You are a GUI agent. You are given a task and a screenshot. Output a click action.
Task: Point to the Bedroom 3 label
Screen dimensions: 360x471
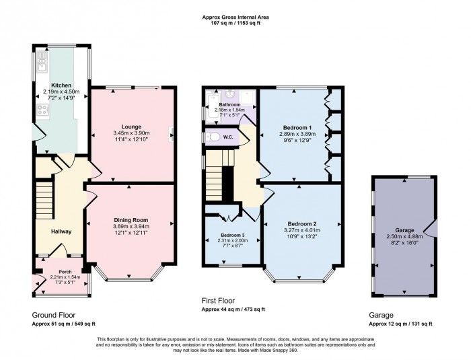coord(233,236)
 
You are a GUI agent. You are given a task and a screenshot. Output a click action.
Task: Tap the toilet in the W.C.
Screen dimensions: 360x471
coord(214,137)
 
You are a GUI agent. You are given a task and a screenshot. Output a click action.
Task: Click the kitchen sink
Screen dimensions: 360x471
coord(42,65)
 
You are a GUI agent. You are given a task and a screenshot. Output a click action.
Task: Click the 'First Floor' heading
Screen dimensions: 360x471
coord(219,301)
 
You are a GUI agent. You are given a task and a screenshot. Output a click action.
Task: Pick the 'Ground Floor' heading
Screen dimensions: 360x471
coord(54,314)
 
